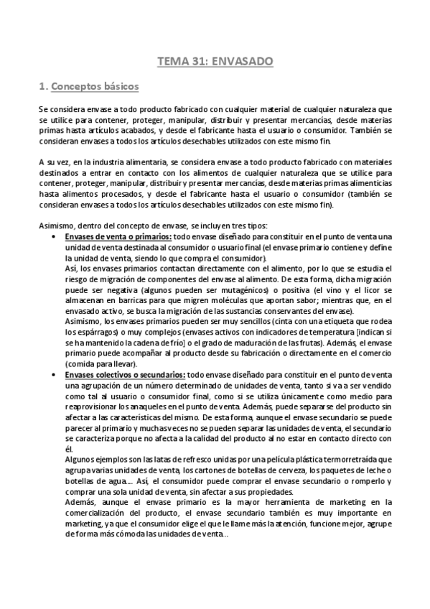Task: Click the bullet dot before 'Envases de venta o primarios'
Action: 55,237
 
